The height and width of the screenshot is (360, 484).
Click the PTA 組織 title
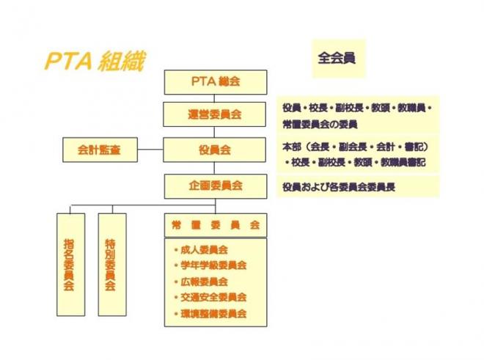tap(95, 62)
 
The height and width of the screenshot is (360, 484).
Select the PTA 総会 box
tap(216, 82)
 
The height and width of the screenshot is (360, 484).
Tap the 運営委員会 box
tap(215, 114)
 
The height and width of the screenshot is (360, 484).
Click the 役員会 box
tap(215, 150)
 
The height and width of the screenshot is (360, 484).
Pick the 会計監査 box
tap(100, 150)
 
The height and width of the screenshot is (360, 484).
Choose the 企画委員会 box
tap(216, 186)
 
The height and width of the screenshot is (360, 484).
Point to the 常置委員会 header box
tap(216, 225)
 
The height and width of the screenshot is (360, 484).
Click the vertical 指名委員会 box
tap(70, 265)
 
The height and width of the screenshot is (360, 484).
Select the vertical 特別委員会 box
tap(112, 265)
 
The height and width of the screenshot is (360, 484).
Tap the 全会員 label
tap(337, 58)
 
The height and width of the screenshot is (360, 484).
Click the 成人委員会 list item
tap(201, 249)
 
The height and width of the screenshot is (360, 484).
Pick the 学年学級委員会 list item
tap(210, 265)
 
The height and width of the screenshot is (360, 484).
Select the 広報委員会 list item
tap(201, 282)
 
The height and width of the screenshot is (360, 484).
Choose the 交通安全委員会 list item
tap(210, 298)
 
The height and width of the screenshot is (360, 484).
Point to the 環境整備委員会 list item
tap(210, 314)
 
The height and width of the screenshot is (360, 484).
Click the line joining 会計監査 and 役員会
tap(150, 150)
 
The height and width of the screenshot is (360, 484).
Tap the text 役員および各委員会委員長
tap(339, 187)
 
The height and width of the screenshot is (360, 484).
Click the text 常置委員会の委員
tap(320, 125)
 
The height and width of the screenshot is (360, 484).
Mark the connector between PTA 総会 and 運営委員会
tap(214, 98)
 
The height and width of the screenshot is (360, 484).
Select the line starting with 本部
tap(356, 147)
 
